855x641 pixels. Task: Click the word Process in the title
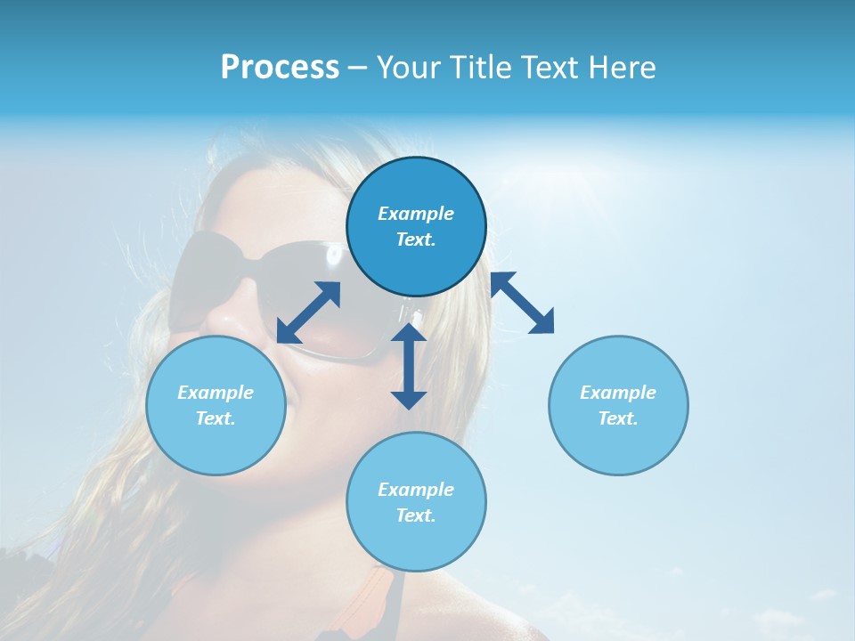point(280,68)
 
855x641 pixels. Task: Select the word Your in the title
point(408,68)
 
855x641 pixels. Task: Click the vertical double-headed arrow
point(409,367)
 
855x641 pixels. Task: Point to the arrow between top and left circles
point(308,312)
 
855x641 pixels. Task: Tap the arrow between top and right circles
point(523,303)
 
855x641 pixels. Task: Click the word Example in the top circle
point(416,214)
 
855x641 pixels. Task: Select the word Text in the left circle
point(215,418)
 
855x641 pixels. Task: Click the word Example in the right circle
point(618,393)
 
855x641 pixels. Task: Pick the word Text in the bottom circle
point(415,515)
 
